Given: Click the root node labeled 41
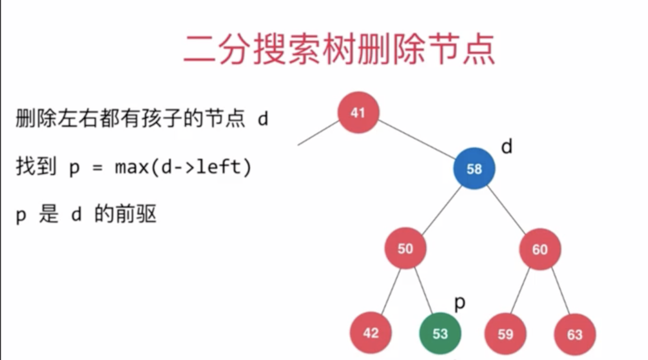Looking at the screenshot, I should (x=358, y=112).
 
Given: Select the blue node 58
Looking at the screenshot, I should (x=474, y=169).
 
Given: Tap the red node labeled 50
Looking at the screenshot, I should (x=405, y=249).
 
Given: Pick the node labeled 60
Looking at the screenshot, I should (x=540, y=249).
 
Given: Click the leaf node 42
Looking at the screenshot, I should (x=370, y=333).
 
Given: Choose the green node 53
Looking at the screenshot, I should (x=440, y=334).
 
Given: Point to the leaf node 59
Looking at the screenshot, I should (x=505, y=334).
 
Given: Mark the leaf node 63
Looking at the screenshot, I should (x=574, y=334).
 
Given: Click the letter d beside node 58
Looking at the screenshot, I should (x=507, y=147).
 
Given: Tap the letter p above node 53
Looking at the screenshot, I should (x=459, y=303).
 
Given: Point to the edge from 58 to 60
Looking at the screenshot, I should (x=507, y=209).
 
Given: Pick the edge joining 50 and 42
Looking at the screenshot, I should (x=391, y=292).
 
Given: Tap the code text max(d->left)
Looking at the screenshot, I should (x=183, y=168).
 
